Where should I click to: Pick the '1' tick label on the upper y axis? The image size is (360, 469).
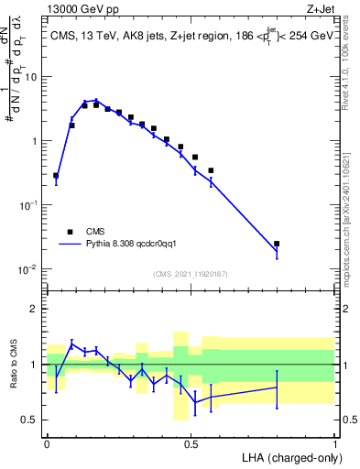(35, 141)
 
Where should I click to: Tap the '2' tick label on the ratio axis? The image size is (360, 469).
(35, 309)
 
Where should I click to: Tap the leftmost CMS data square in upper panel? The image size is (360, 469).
(56, 175)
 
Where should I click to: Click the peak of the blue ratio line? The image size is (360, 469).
(71, 344)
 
